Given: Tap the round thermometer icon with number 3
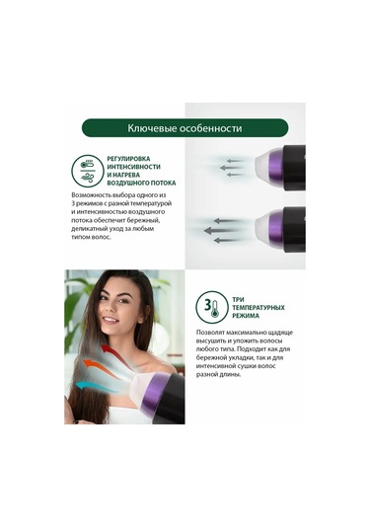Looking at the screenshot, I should coord(209,305).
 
